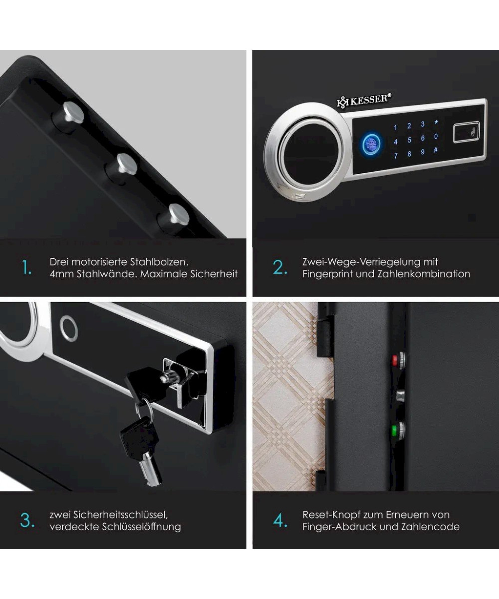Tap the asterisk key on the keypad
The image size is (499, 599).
[436, 122]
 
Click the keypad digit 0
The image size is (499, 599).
[436, 136]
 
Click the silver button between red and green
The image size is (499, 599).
[400, 395]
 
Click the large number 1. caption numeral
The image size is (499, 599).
[26, 268]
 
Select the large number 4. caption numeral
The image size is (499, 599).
[280, 521]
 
